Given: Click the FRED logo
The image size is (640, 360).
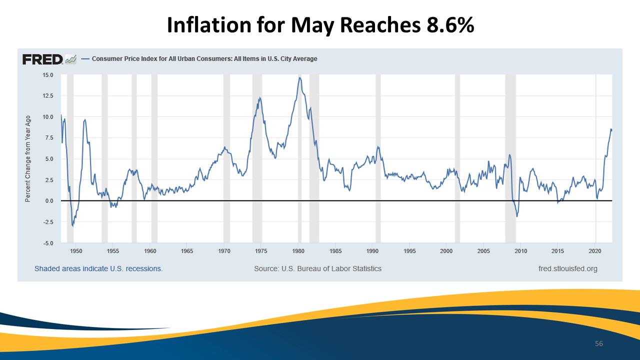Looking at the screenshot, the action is click(x=43, y=59).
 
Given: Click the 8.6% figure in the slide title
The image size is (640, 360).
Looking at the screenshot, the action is click(x=450, y=25).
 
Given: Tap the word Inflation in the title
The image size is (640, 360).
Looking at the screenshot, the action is click(x=209, y=25).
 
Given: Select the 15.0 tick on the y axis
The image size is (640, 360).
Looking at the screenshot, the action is click(x=47, y=75).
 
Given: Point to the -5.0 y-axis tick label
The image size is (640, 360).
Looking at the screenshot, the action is click(x=47, y=243).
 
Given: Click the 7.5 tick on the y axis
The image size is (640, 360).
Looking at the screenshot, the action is click(x=49, y=138).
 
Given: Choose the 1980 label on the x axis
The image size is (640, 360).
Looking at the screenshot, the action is click(x=298, y=251).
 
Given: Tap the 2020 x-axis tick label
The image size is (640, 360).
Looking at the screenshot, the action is click(x=595, y=251).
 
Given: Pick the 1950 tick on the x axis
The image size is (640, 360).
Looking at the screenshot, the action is click(x=76, y=251).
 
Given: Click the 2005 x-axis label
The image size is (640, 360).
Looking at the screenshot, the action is click(x=483, y=251).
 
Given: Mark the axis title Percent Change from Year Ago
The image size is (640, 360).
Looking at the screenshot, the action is click(x=27, y=159).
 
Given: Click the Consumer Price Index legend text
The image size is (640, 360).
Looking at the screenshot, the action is click(x=204, y=59).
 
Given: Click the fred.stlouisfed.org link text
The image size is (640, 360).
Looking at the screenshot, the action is click(x=567, y=269).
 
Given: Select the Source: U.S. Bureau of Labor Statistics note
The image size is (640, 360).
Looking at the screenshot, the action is click(x=317, y=269).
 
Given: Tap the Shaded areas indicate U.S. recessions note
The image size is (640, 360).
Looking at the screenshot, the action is click(x=98, y=269).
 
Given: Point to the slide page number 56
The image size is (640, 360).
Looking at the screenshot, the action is click(x=599, y=343).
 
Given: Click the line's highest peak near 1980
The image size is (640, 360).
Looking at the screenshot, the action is click(x=299, y=77).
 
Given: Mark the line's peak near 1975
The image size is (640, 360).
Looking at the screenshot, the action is click(x=259, y=97).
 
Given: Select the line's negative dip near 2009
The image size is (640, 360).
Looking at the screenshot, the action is click(x=517, y=216).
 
